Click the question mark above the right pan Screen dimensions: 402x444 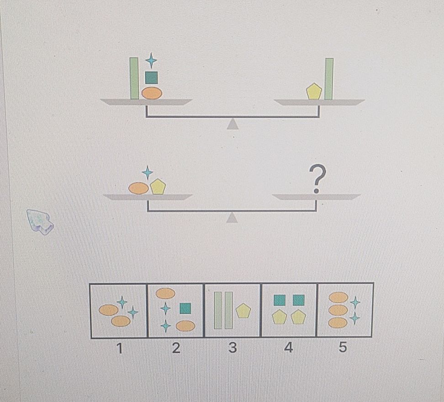click(317, 178)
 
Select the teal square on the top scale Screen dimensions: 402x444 click(151, 78)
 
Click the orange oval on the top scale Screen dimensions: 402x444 click(152, 93)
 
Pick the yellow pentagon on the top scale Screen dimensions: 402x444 click(314, 92)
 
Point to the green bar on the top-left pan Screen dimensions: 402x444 click(134, 78)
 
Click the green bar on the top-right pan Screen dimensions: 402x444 click(328, 78)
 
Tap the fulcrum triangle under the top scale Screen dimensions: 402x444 click(233, 124)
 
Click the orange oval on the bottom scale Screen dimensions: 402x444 click(138, 188)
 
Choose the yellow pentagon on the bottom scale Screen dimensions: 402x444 click(158, 187)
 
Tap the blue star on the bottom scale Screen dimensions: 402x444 click(147, 172)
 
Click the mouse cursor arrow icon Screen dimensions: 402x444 click(40, 221)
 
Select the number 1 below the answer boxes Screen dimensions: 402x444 click(119, 349)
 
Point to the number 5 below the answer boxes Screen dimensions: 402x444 click(343, 348)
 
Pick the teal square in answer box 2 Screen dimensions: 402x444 click(185, 308)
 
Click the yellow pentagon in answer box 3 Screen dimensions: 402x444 click(243, 311)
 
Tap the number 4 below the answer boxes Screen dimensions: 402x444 click(288, 348)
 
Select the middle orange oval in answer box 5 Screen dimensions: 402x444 click(338, 310)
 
